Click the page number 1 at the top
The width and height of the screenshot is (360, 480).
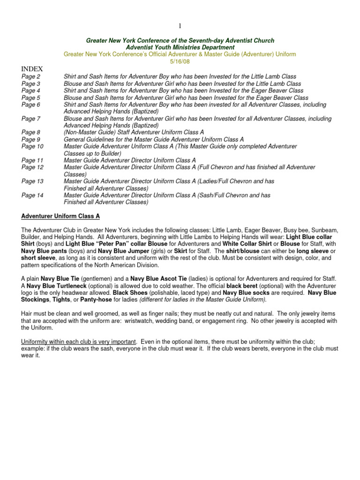pyautogui.click(x=180, y=26)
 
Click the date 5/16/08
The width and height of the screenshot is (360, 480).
pyautogui.click(x=180, y=61)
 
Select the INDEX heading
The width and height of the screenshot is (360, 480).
pyautogui.click(x=31, y=69)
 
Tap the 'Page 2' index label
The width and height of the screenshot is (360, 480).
pyautogui.click(x=31, y=76)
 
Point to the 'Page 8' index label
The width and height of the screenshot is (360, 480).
pyautogui.click(x=31, y=133)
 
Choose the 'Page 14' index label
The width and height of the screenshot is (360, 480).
pyautogui.click(x=33, y=195)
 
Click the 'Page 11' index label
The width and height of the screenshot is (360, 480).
pyautogui.click(x=33, y=160)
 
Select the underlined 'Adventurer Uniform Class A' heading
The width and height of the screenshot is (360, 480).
pyautogui.click(x=60, y=216)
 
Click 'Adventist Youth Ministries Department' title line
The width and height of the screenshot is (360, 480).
pyautogui.click(x=180, y=47)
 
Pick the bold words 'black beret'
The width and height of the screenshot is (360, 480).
pyautogui.click(x=244, y=286)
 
